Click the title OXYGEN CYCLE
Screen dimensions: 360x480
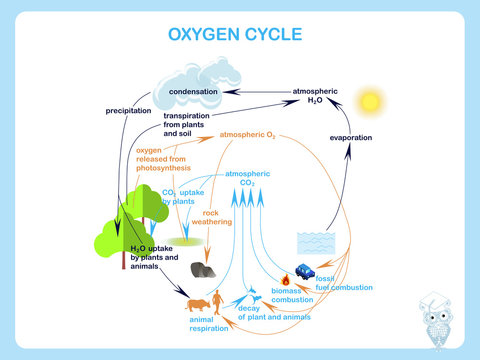coord(240,37)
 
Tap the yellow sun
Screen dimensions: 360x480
coord(372,102)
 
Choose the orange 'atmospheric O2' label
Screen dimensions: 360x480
coord(247,133)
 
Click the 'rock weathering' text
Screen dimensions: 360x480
coord(218,217)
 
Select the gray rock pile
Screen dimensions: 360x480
coord(205,269)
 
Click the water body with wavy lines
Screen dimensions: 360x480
coord(317,243)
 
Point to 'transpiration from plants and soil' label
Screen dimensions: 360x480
coord(194,123)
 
